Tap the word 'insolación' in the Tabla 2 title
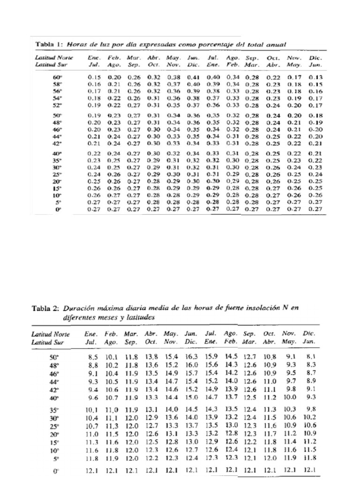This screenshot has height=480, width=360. click(x=268, y=308)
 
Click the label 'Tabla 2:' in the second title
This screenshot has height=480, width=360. click(x=45, y=308)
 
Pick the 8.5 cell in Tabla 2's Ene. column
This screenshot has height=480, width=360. click(x=92, y=357)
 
